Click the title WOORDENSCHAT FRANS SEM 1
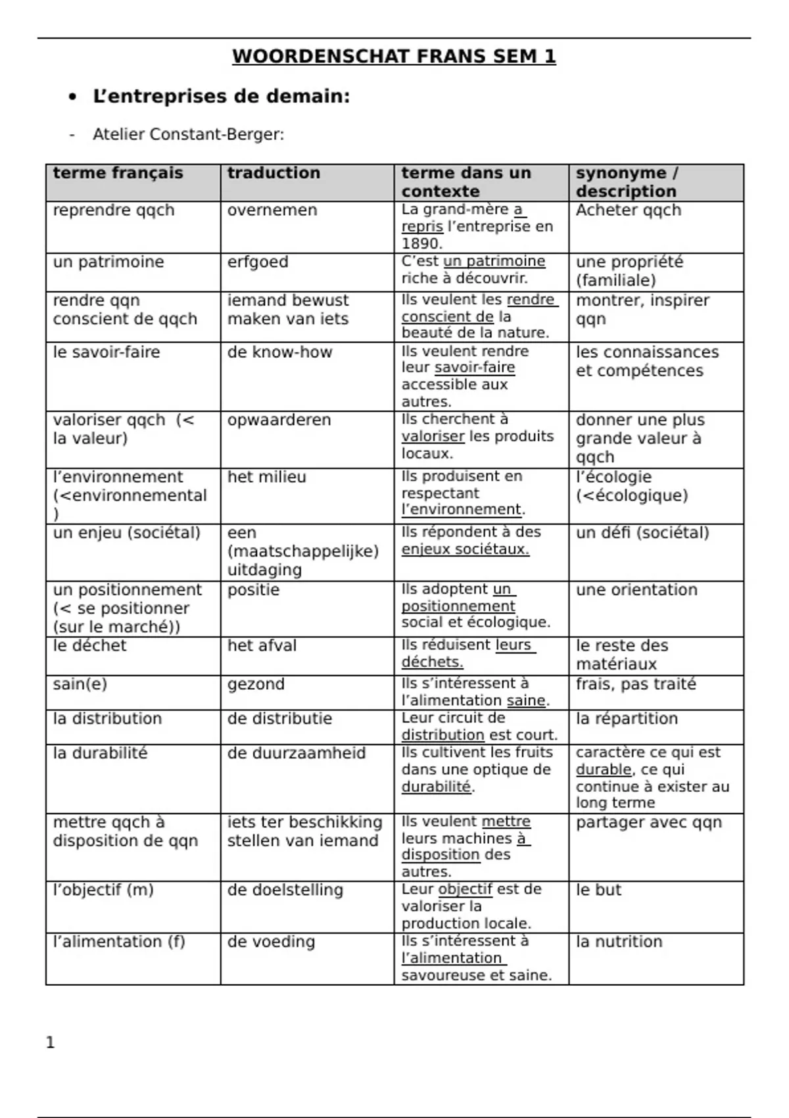394,57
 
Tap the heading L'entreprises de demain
221,97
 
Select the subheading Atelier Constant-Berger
188,135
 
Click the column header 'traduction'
274,173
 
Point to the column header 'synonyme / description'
626,182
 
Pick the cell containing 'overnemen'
272,210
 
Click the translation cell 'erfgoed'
258,262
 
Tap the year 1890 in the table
421,243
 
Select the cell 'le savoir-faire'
107,352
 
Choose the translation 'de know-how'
279,352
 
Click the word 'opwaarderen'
279,420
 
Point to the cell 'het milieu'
266,477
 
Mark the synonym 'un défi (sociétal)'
642,533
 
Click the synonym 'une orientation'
636,590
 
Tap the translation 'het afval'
262,646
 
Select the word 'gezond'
256,684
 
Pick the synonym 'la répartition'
627,719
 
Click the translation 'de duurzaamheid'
296,753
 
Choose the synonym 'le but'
598,890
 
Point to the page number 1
51,1042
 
